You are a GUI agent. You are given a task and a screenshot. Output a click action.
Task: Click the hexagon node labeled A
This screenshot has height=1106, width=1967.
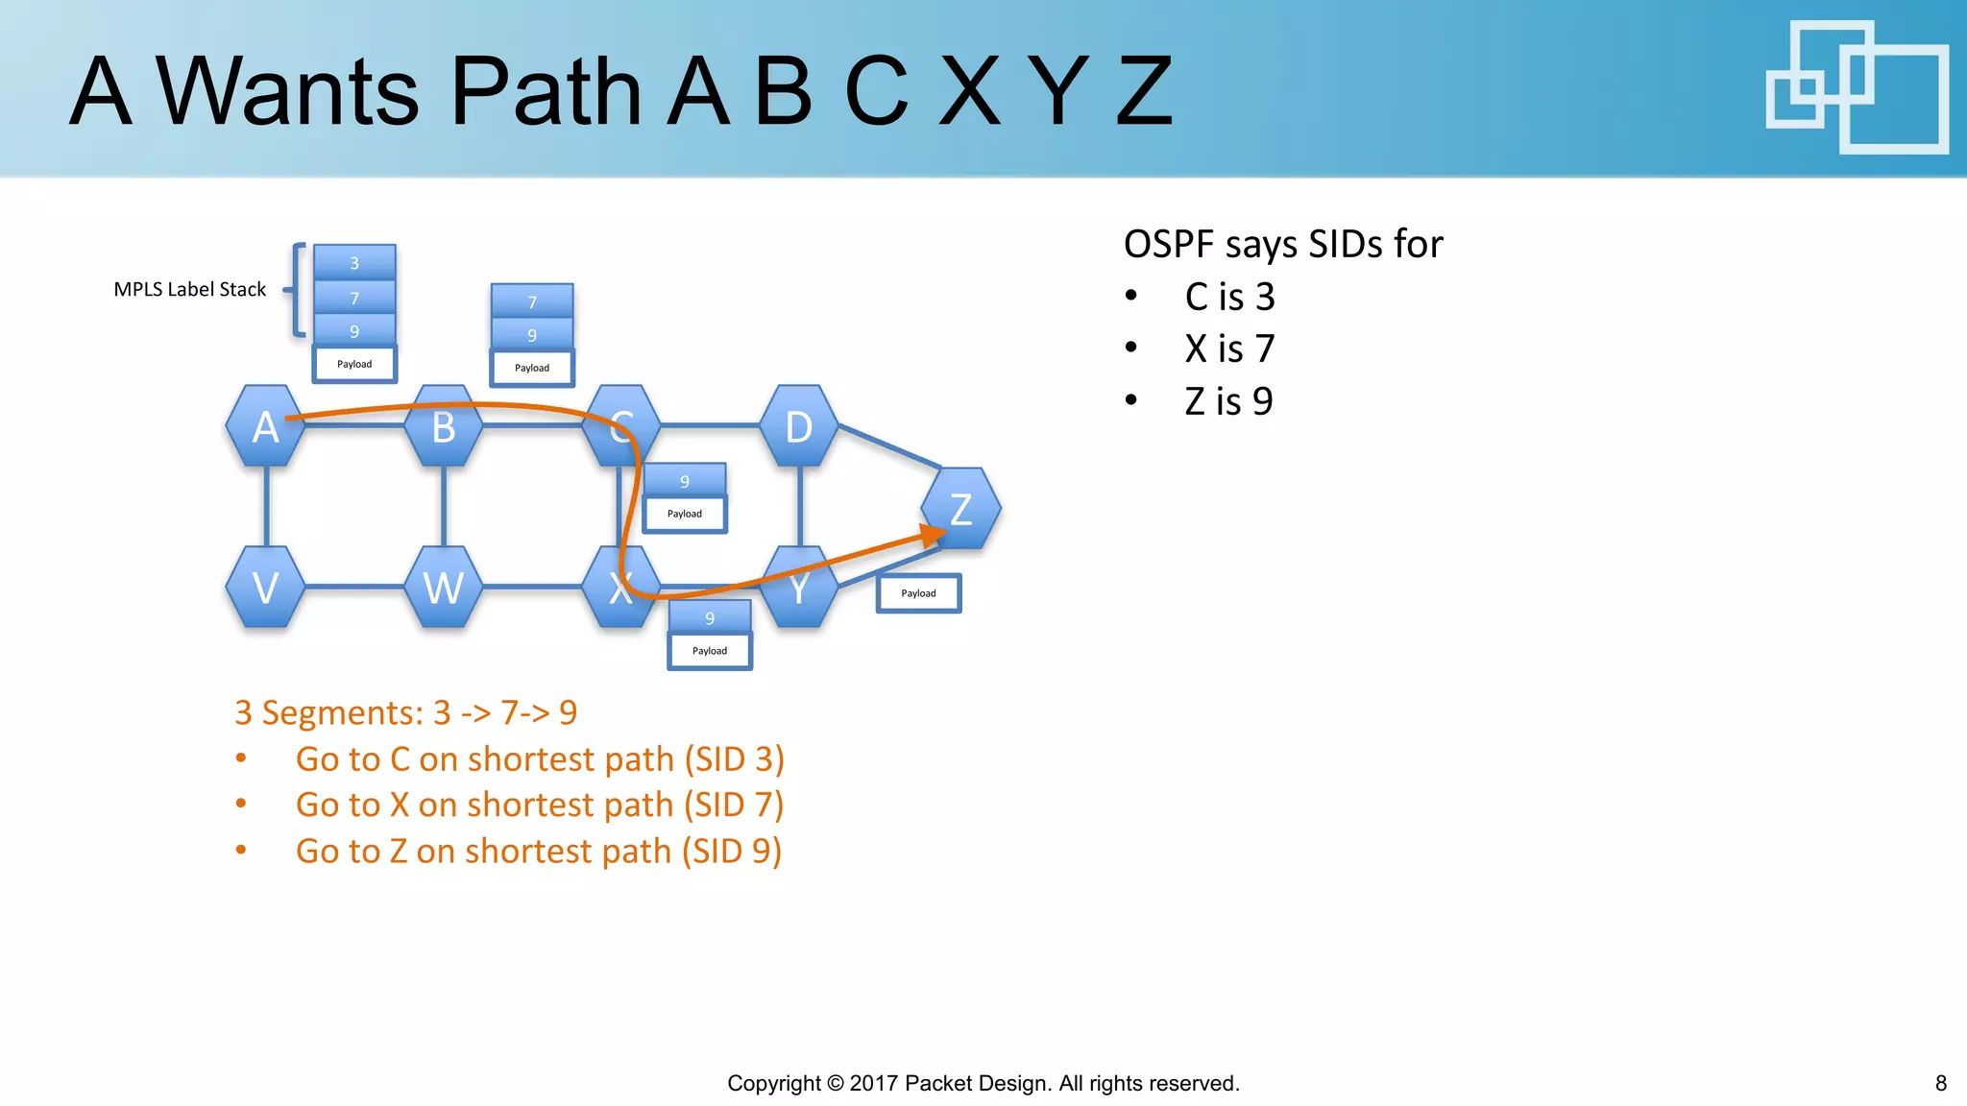(265, 426)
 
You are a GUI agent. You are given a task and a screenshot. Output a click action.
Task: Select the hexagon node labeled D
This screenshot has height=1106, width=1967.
(798, 426)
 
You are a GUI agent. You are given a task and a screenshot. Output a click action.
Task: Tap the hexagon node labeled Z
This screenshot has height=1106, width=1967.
(960, 509)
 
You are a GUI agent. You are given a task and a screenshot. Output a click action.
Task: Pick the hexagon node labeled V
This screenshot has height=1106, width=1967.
(265, 587)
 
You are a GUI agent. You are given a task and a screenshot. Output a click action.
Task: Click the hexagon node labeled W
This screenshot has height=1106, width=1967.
(443, 587)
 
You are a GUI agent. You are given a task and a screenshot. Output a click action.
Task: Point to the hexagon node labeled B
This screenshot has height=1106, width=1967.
(443, 426)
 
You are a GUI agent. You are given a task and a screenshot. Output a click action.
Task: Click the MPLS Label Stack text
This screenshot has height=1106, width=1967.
(189, 289)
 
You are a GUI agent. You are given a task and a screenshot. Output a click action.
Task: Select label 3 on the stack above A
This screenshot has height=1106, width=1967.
(354, 262)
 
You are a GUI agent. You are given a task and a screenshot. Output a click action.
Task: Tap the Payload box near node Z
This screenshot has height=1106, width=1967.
(918, 593)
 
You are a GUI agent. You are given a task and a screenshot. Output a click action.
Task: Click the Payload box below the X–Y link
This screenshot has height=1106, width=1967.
(710, 651)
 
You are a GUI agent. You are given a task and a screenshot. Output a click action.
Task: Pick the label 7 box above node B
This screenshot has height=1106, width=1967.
(532, 301)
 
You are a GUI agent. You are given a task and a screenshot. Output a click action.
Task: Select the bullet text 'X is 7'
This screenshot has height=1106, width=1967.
(1228, 349)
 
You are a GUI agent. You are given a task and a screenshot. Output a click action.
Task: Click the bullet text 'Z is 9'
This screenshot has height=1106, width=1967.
(1228, 401)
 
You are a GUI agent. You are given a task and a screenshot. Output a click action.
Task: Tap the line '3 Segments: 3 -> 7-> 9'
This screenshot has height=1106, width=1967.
(405, 712)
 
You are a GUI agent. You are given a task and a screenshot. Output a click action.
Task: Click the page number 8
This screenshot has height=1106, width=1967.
(1940, 1083)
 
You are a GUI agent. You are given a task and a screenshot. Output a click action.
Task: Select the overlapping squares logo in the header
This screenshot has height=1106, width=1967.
(1856, 87)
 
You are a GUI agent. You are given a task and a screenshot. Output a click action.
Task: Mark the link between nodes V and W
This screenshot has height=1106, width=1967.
(354, 587)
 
